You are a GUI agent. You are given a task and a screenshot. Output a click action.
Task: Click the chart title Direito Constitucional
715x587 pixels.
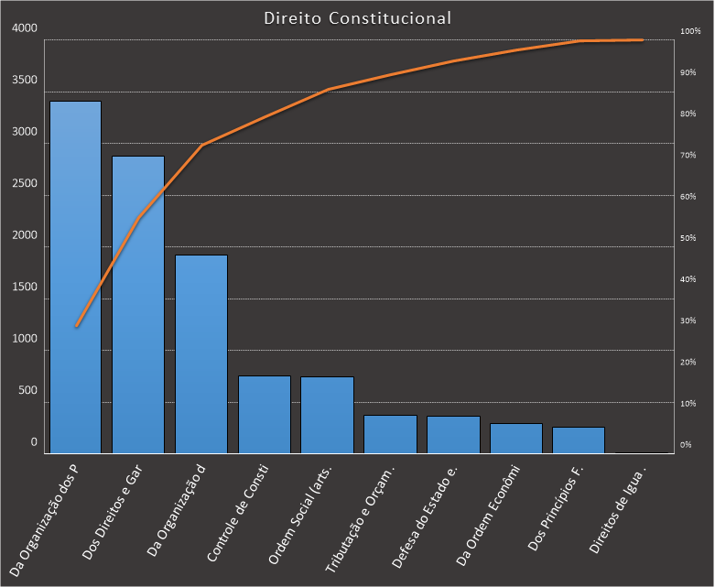click(357, 17)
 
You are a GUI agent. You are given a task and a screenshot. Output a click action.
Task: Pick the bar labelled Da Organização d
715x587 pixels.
click(201, 353)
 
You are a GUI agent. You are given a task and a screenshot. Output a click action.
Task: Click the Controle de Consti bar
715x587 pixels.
click(265, 414)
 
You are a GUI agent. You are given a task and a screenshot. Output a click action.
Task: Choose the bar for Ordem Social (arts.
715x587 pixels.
click(327, 415)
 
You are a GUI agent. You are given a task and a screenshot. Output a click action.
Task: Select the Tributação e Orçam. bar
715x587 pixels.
click(390, 434)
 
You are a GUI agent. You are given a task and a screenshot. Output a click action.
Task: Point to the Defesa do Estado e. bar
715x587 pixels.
click(453, 435)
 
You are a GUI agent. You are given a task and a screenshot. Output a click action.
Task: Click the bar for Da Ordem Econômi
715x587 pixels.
click(516, 438)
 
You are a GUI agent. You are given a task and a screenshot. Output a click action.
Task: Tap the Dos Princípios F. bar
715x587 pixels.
click(579, 440)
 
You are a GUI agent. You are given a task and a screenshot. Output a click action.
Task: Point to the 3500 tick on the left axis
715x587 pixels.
click(25, 81)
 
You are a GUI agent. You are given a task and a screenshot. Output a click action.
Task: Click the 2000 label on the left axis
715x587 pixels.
click(25, 235)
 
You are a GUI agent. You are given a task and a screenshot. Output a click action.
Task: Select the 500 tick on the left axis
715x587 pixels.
click(28, 390)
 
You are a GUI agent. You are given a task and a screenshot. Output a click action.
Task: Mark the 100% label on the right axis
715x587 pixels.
click(689, 31)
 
